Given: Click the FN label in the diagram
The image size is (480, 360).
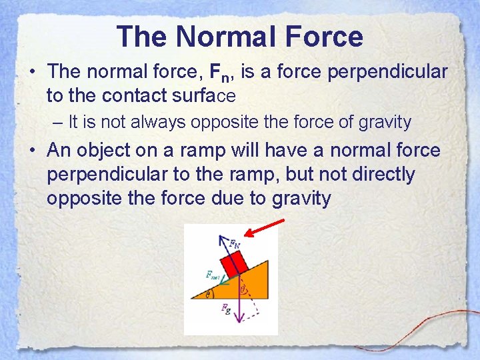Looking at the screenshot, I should click(x=235, y=243).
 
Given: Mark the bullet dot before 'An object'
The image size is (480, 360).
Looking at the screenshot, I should click(x=33, y=151).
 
